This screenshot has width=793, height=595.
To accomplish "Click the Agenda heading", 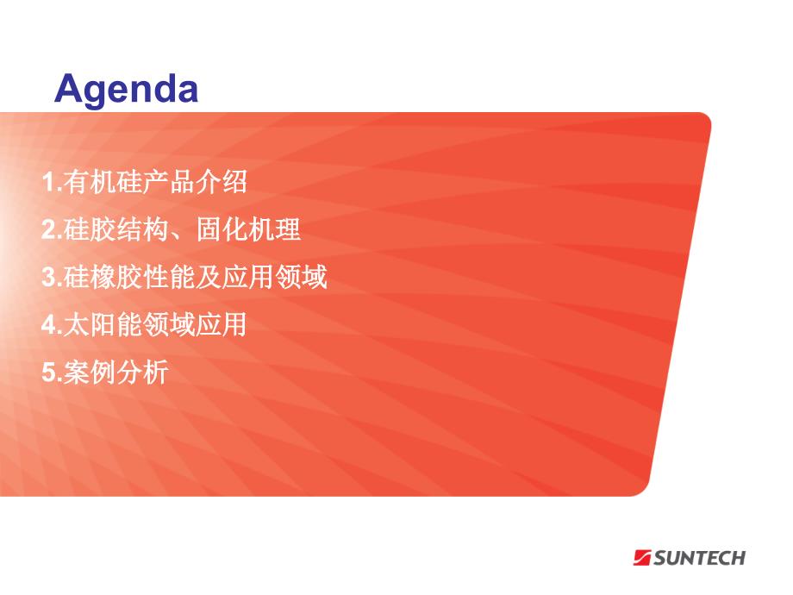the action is [126, 90].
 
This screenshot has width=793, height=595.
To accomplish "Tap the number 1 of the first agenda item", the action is [49, 182].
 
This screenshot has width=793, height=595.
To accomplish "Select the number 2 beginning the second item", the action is [49, 229].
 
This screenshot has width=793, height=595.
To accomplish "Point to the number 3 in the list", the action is [49, 278].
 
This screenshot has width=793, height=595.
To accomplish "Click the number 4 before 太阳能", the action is [49, 324].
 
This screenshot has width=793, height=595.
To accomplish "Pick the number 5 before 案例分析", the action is [49, 373].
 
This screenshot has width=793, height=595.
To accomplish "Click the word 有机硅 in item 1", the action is [103, 182].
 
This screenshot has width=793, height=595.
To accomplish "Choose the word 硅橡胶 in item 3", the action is [103, 278].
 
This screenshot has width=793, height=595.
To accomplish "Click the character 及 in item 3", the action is [208, 278].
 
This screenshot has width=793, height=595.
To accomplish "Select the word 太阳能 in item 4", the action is [103, 324].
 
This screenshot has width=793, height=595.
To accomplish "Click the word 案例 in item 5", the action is [90, 373].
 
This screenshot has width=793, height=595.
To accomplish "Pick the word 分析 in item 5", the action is [142, 373].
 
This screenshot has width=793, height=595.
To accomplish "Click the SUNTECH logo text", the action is [699, 558].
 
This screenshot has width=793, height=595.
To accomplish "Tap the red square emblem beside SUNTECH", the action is [642, 558].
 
